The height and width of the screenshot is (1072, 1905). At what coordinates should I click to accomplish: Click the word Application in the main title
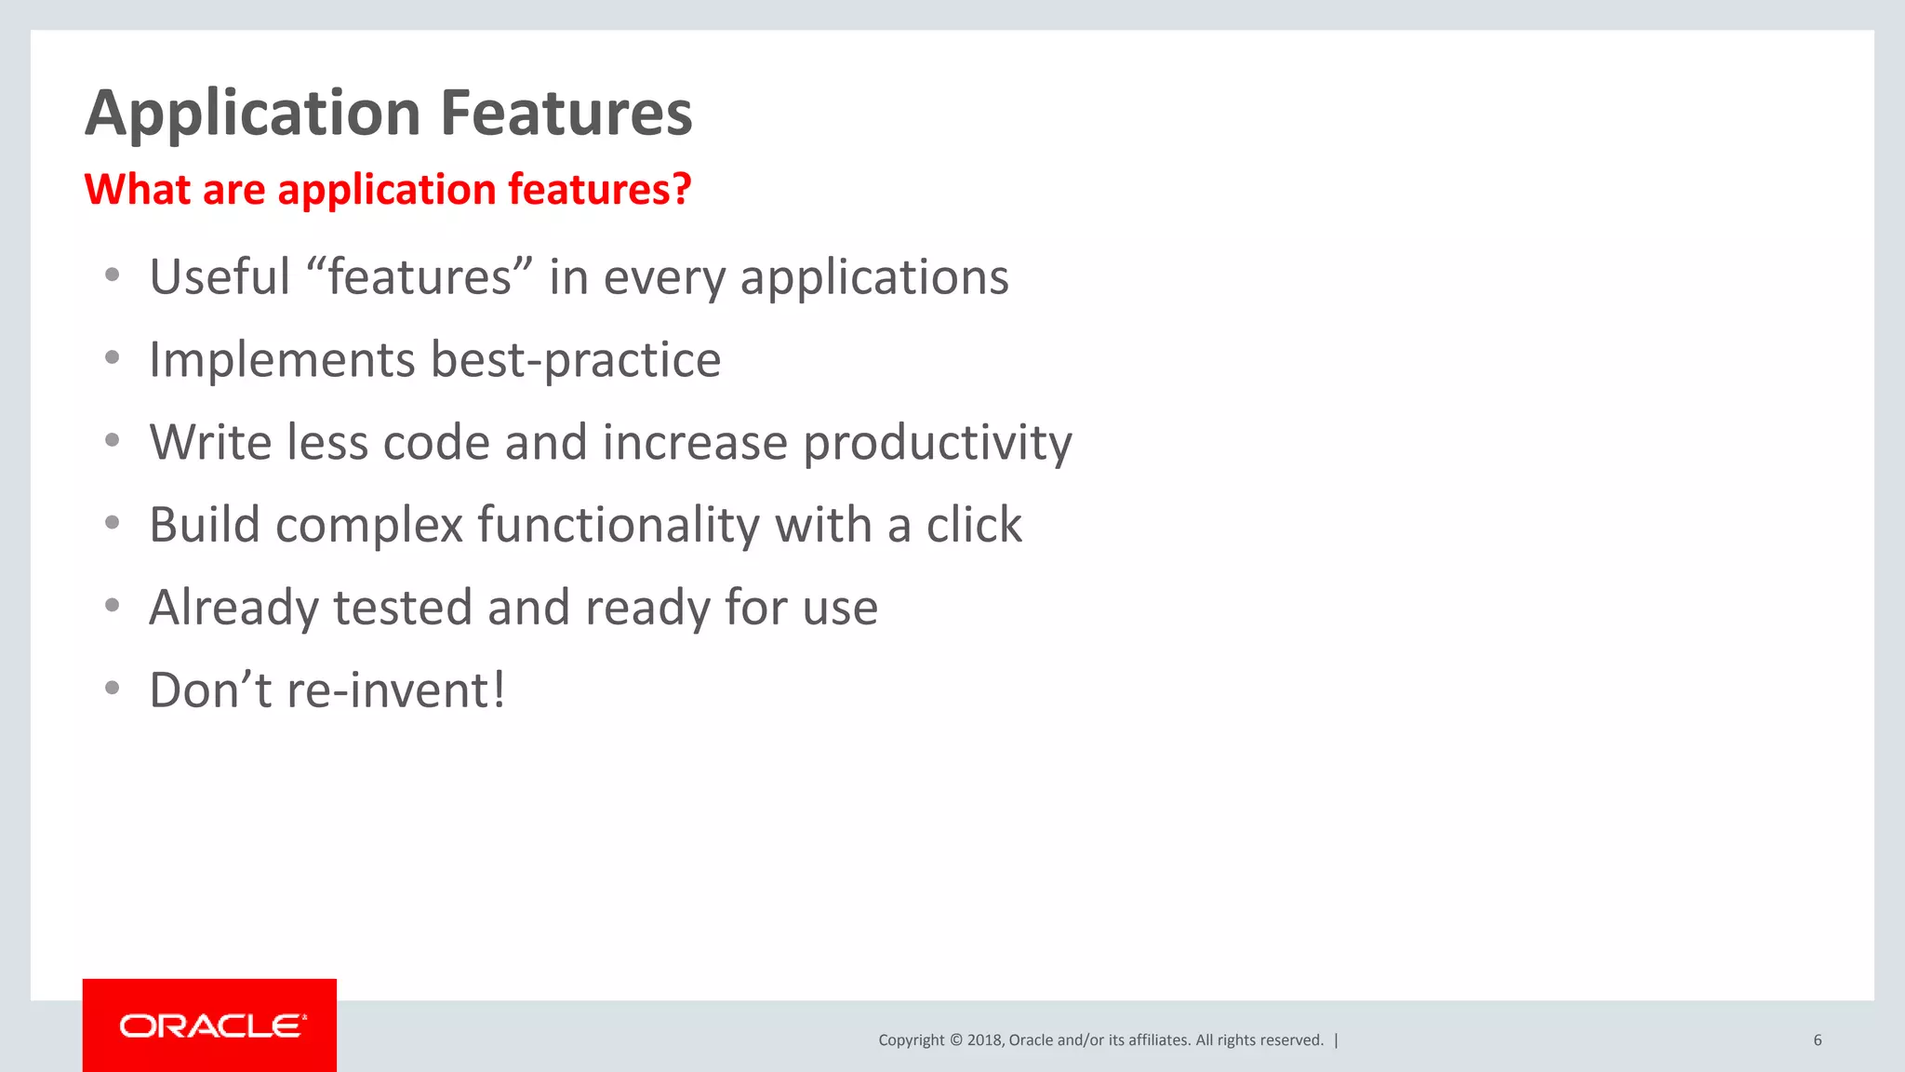pyautogui.click(x=253, y=114)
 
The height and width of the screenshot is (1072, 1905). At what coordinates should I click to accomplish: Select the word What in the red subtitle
pyautogui.click(x=138, y=189)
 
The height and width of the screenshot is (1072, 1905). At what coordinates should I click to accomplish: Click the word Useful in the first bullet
pyautogui.click(x=220, y=277)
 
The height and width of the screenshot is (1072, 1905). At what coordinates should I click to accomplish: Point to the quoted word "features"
pyautogui.click(x=419, y=277)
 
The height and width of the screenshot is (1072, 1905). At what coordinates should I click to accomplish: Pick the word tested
pyautogui.click(x=403, y=608)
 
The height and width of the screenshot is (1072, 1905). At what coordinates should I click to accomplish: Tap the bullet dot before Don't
pyautogui.click(x=113, y=689)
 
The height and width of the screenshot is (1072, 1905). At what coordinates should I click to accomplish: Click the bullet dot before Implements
pyautogui.click(x=113, y=358)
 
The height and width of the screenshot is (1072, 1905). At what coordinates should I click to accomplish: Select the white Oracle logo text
pyautogui.click(x=212, y=1025)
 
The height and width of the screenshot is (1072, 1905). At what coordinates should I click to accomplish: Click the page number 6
pyautogui.click(x=1817, y=1040)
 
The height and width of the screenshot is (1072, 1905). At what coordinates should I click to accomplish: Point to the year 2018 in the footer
pyautogui.click(x=984, y=1040)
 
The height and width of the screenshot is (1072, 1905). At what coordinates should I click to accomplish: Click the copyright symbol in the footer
pyautogui.click(x=955, y=1040)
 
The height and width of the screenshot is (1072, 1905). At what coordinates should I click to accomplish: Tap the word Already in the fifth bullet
pyautogui.click(x=233, y=608)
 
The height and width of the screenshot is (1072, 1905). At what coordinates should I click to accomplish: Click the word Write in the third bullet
pyautogui.click(x=210, y=443)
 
